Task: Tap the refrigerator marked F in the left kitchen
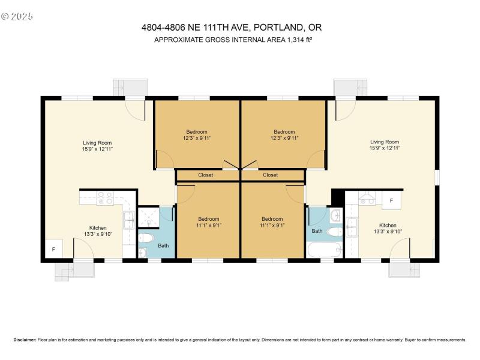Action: coord(53,249)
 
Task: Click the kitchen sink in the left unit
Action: coord(129,221)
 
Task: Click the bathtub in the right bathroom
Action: coord(325,249)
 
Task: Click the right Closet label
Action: coord(270,175)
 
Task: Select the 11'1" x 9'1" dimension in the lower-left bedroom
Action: coord(208,226)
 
